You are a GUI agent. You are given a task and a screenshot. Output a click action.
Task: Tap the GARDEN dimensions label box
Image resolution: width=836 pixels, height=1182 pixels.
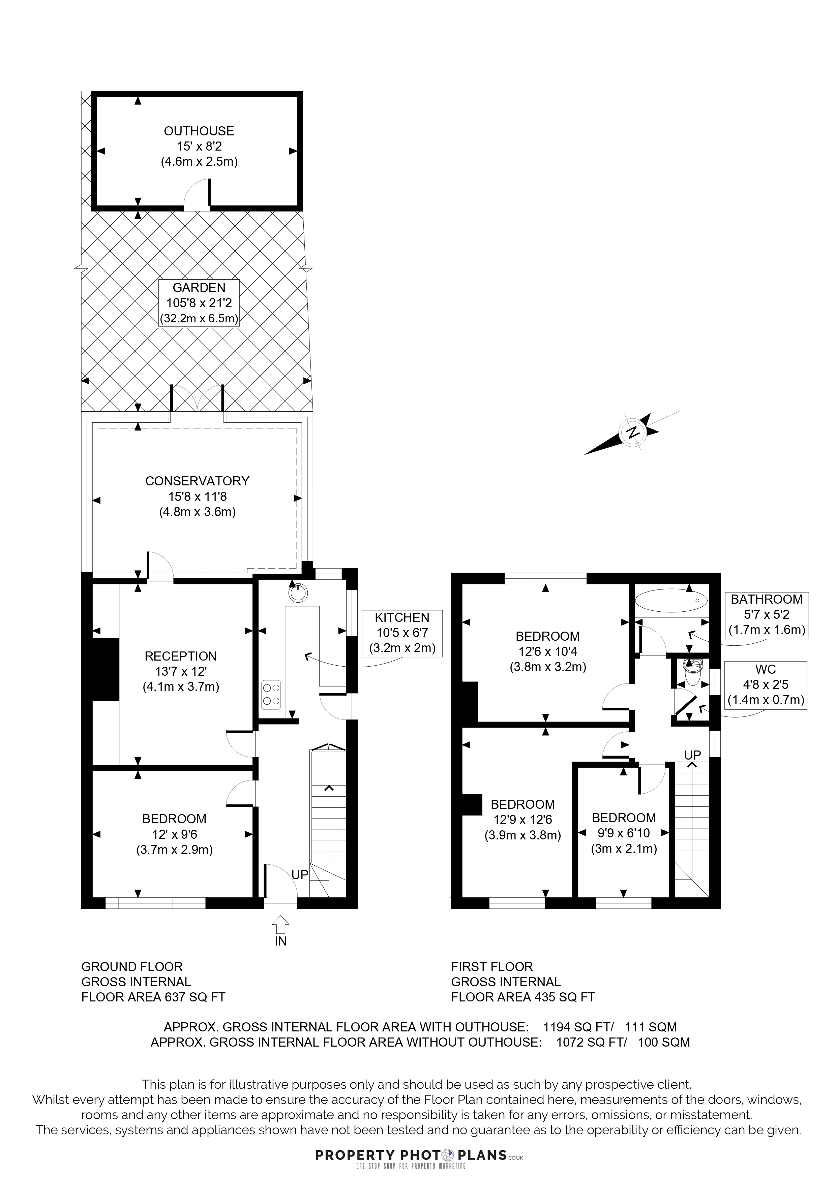pyautogui.click(x=199, y=303)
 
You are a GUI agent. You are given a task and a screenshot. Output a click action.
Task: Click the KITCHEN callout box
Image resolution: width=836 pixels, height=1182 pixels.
pyautogui.click(x=402, y=633)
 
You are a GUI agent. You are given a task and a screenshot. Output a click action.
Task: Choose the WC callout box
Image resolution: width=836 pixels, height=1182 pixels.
pyautogui.click(x=766, y=685)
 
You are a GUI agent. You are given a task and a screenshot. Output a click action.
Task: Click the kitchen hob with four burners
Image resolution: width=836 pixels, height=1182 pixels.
pyautogui.click(x=271, y=695)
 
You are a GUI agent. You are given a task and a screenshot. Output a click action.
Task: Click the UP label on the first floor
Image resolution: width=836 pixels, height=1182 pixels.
pyautogui.click(x=692, y=755)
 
